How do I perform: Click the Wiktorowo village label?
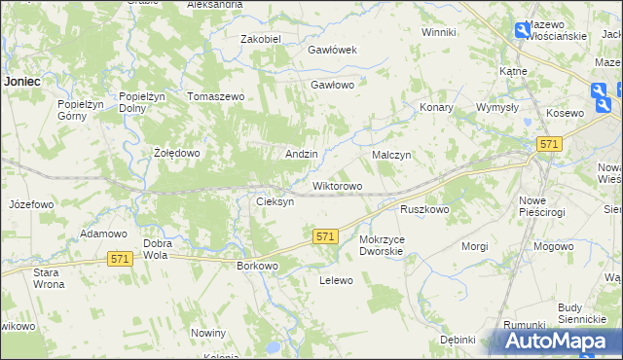(337, 186)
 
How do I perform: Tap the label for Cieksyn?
(275, 202)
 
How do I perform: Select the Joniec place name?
(20, 82)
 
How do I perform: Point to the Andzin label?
(301, 155)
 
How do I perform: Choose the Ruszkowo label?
(424, 209)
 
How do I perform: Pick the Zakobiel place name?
(261, 39)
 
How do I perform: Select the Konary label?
(436, 108)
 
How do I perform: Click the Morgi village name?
(475, 246)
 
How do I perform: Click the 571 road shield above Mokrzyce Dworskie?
(325, 236)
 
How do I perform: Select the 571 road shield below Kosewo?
(548, 144)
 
